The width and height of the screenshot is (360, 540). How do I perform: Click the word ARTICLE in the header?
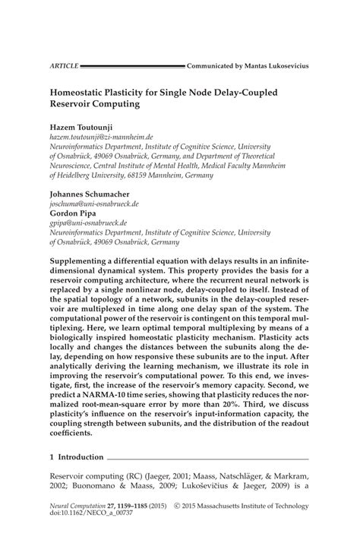(65, 67)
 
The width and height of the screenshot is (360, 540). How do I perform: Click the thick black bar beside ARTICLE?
(133, 67)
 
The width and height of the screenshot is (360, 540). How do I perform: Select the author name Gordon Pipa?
(74, 214)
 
